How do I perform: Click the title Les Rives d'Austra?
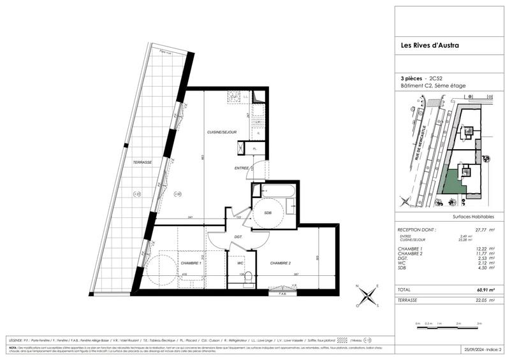point(428,45)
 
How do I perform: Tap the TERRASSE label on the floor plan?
point(142,162)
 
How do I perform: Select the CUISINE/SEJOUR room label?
point(222,131)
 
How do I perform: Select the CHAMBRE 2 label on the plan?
point(281,263)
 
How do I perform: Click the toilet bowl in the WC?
point(250,277)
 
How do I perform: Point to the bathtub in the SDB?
point(276,190)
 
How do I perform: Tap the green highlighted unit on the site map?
point(453,181)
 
